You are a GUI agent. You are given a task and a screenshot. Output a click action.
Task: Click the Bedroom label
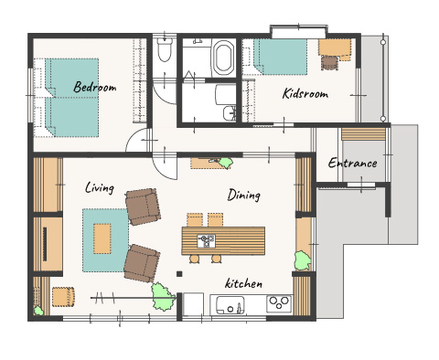point(95,87)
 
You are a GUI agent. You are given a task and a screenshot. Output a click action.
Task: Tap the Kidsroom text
point(305,93)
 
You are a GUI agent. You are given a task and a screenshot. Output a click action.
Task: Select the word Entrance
point(352,163)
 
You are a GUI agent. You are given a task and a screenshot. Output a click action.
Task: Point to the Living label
point(100,187)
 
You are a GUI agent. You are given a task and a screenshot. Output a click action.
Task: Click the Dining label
point(244,195)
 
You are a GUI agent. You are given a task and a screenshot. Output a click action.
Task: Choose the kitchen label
point(243,283)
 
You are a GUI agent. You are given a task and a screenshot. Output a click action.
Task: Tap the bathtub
point(223,58)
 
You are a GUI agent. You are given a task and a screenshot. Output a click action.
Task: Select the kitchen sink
point(230,304)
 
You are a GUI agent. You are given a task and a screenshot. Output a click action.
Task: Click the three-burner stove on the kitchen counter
point(279,303)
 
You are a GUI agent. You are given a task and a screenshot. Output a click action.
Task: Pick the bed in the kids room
point(280,57)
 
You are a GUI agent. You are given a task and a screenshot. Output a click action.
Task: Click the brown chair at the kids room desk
point(329,63)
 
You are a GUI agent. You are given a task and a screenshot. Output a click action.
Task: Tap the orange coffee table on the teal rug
point(102,238)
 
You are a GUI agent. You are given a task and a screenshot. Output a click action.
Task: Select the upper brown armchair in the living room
point(143,206)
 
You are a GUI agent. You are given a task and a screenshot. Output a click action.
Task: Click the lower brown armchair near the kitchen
point(142,263)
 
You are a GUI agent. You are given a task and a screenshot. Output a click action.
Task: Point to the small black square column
point(179,274)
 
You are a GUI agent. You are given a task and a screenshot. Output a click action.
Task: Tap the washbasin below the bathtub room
point(229,113)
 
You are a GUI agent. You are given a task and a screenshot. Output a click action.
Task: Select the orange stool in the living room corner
point(63,296)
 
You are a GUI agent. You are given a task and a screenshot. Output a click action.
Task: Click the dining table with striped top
point(223,240)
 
